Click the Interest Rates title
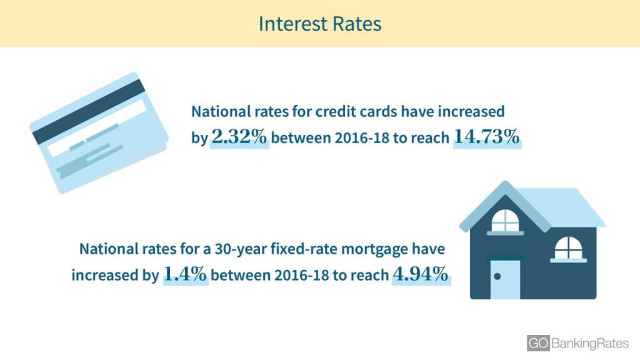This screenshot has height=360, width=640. pyautogui.click(x=320, y=24)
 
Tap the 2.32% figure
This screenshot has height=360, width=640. pyautogui.click(x=239, y=137)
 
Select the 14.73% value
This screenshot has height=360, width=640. pyautogui.click(x=486, y=137)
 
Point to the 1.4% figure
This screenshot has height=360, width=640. pyautogui.click(x=185, y=274)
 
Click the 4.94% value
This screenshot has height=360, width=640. pyautogui.click(x=421, y=274)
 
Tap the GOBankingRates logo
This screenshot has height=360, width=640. pyautogui.click(x=577, y=343)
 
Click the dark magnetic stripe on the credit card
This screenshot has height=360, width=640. pyautogui.click(x=89, y=111)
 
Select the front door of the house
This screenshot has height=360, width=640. pyautogui.click(x=505, y=278)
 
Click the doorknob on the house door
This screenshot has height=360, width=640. pyautogui.click(x=497, y=276)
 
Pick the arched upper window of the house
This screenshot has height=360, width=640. pyautogui.click(x=505, y=221)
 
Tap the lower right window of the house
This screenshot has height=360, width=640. pyautogui.click(x=569, y=248)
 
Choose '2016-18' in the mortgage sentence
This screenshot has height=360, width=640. pyautogui.click(x=301, y=275)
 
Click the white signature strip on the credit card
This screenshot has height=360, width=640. pyautogui.click(x=97, y=128)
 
